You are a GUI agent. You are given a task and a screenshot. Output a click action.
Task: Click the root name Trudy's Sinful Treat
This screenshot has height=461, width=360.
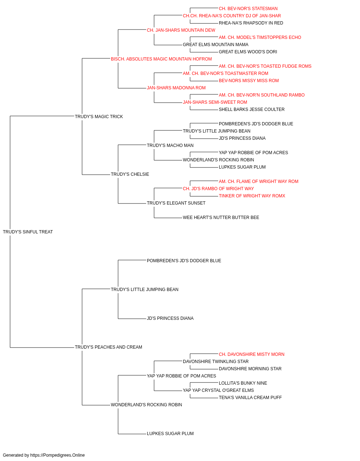point(28,232)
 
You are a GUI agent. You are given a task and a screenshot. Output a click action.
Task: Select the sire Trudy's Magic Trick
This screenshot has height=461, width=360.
point(99,117)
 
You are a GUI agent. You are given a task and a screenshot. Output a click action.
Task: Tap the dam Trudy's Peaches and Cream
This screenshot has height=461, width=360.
point(108,347)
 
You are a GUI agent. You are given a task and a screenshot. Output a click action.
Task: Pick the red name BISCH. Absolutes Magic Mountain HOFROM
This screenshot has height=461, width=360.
point(161,59)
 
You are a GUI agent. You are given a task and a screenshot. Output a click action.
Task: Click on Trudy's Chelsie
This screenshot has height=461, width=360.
point(130,174)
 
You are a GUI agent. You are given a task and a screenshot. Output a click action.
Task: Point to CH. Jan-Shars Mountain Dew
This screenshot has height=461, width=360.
point(181,30)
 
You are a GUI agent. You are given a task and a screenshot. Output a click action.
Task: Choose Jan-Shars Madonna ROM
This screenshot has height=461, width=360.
point(176,88)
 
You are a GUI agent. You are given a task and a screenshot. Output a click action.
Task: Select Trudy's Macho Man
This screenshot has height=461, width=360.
point(170,145)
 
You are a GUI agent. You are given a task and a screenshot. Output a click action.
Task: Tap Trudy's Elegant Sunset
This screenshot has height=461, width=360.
point(176,203)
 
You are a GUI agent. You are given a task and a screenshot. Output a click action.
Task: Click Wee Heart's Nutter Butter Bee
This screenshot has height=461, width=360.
point(221,218)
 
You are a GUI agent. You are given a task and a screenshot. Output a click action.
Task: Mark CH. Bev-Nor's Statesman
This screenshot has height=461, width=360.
point(248,9)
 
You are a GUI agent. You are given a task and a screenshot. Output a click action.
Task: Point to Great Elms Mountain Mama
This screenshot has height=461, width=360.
point(216,45)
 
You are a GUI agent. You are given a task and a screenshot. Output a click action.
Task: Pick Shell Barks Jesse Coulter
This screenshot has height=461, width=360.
point(252,109)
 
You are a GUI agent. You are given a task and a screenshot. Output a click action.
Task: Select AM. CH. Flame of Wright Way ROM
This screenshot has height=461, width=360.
point(258,182)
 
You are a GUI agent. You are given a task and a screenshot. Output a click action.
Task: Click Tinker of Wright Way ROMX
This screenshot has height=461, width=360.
point(252,196)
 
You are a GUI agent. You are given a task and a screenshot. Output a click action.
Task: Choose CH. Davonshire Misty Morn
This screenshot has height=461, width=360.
point(252,354)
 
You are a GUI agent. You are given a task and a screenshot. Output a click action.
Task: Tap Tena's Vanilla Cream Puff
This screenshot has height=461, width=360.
point(251,398)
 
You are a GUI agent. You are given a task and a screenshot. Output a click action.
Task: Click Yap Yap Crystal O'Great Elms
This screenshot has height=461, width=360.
point(219,390)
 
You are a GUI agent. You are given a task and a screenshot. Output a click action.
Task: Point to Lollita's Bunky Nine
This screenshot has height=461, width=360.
point(243,383)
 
